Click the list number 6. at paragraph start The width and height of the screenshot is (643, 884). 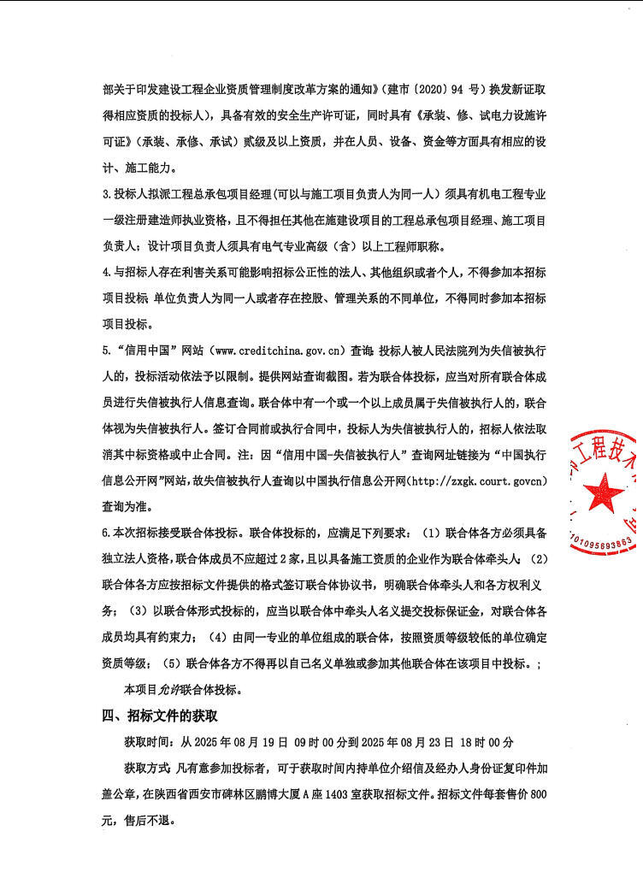click(106, 533)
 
